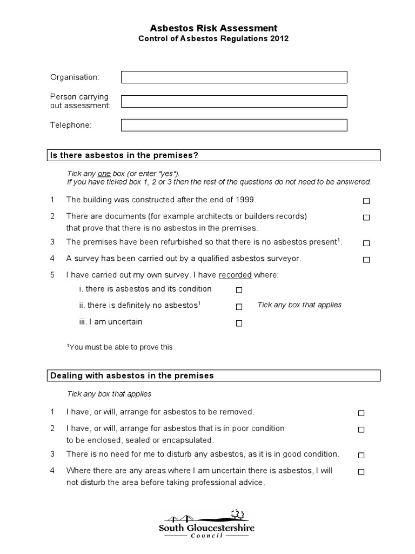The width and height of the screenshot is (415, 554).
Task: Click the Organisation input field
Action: coord(234,77)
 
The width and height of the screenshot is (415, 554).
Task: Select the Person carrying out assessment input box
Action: coord(234,101)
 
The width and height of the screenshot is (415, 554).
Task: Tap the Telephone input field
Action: coord(234,125)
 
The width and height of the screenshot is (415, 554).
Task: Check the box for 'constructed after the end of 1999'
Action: coord(366,201)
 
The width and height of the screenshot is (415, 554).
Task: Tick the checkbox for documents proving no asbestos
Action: coord(366,217)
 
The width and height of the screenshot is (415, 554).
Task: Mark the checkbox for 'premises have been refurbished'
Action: coord(366,243)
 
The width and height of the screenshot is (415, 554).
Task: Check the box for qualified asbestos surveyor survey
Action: coord(366,260)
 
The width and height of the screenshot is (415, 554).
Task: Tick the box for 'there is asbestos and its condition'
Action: coord(239,290)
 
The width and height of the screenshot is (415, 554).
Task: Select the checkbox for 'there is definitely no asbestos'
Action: coord(239,307)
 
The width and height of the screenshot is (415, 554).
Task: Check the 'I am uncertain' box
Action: coord(239,324)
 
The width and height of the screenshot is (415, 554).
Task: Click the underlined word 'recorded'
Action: coord(235,275)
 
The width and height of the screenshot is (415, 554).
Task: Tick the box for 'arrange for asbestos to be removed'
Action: coord(361,413)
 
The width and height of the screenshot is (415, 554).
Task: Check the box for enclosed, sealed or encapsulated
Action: coord(361,430)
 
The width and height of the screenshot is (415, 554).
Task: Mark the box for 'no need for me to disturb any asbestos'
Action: coord(361,456)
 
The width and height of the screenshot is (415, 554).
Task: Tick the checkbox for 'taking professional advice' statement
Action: coord(361,472)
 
